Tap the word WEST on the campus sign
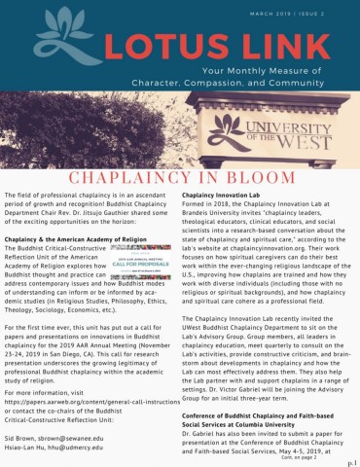pyautogui.click(x=309, y=146)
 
